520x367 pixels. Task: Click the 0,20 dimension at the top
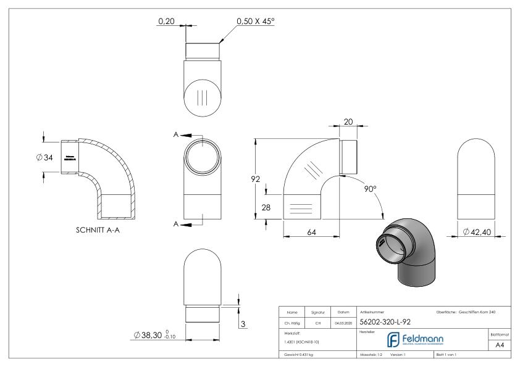[166, 22]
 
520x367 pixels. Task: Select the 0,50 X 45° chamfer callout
[255, 22]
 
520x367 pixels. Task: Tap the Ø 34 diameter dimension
[45, 157]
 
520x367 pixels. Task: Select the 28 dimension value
[266, 207]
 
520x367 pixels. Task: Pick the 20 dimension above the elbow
[348, 122]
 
